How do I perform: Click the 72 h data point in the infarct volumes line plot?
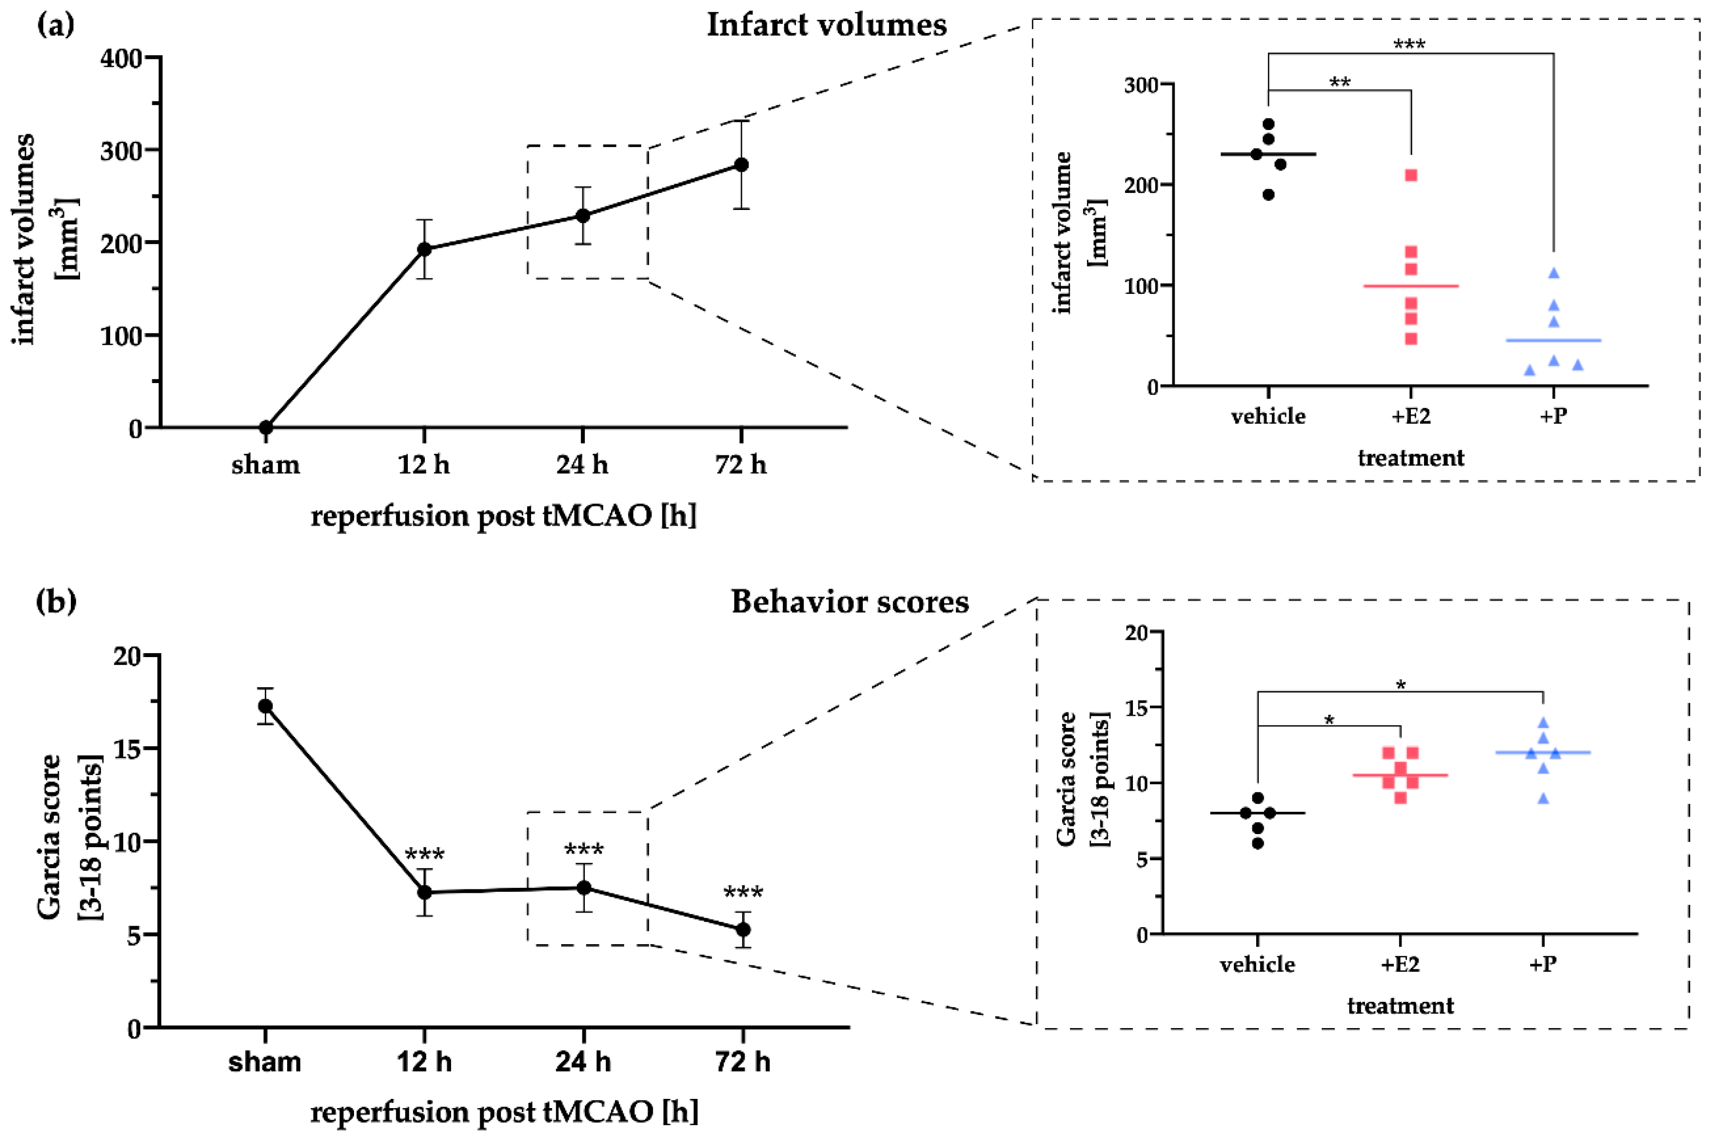tap(741, 165)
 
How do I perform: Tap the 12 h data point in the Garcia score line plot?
tap(424, 892)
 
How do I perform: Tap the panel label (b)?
tap(56, 602)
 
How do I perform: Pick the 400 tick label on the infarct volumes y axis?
tap(121, 58)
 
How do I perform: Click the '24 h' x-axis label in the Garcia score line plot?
tap(582, 1062)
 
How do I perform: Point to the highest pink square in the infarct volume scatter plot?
tap(1411, 175)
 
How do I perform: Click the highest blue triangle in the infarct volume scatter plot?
tap(1553, 273)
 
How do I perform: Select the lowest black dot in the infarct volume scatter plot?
tap(1268, 194)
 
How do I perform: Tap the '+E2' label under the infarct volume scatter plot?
tap(1411, 416)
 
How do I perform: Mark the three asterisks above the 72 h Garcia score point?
tap(743, 893)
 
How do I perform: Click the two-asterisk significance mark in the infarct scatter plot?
tap(1340, 81)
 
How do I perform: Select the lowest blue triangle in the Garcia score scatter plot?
tap(1543, 799)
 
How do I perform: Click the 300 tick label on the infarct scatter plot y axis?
tap(1141, 85)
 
